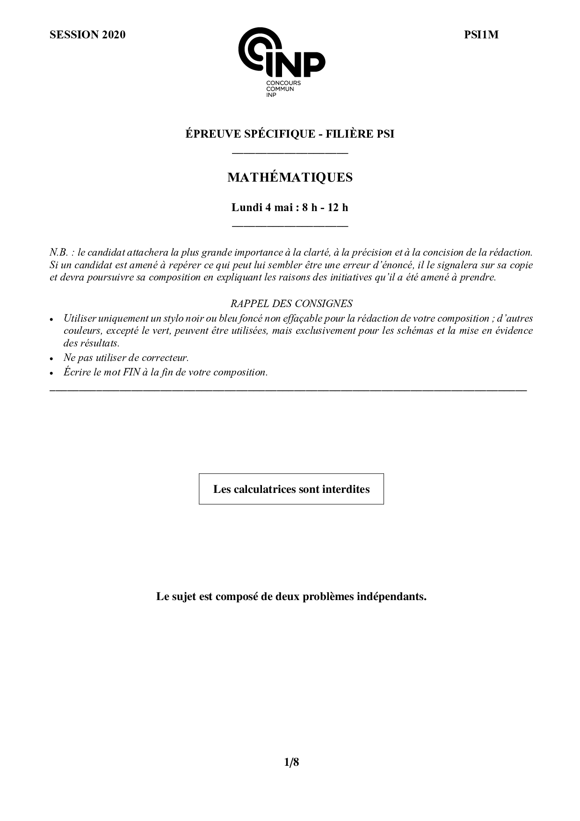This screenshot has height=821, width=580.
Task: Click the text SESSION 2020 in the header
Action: click(87, 35)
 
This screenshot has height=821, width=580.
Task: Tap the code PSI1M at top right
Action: click(481, 35)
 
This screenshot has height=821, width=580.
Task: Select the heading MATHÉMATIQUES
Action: click(290, 178)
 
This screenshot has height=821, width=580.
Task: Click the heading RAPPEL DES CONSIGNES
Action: click(291, 303)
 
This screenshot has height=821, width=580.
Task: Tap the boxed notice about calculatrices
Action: click(291, 489)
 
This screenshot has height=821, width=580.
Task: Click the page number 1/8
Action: click(291, 762)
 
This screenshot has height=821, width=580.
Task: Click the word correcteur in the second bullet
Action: click(165, 358)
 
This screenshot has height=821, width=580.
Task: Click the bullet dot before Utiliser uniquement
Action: click(52, 319)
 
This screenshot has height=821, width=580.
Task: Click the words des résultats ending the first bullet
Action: click(92, 343)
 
